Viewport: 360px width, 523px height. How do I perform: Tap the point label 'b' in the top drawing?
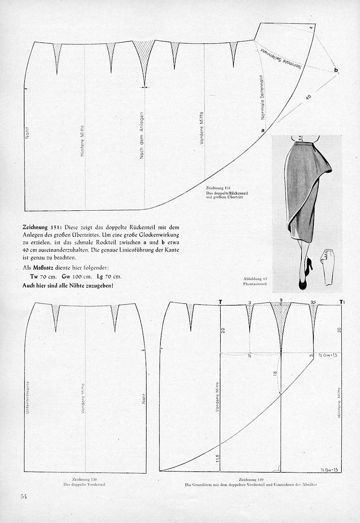(336, 70)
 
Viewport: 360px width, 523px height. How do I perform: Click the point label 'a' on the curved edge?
(263, 130)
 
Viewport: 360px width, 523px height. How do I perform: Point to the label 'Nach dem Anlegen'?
(142, 135)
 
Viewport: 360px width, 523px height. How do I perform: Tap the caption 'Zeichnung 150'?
(84, 480)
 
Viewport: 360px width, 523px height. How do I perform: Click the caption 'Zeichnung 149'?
(251, 480)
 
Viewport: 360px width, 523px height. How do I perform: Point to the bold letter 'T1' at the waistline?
(341, 302)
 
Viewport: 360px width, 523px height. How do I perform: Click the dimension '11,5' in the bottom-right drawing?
(218, 458)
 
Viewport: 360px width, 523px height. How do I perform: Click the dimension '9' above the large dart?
(281, 300)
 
